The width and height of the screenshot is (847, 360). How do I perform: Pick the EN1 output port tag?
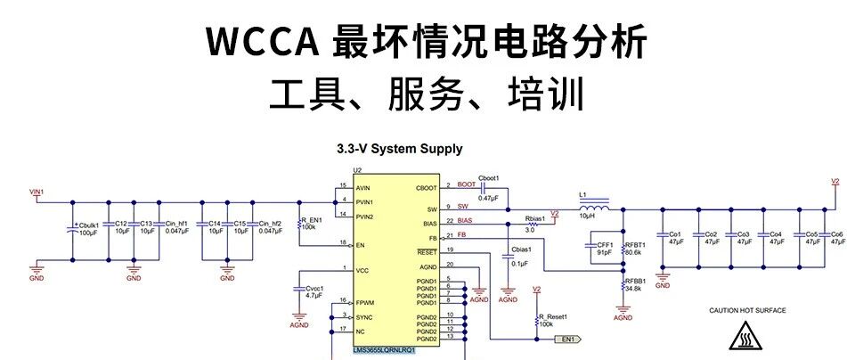(568, 339)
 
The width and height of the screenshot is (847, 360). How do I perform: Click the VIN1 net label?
(37, 192)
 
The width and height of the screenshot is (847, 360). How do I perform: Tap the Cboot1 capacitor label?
(489, 178)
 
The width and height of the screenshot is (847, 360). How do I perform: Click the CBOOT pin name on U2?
(428, 188)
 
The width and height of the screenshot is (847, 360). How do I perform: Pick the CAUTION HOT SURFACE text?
(746, 310)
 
